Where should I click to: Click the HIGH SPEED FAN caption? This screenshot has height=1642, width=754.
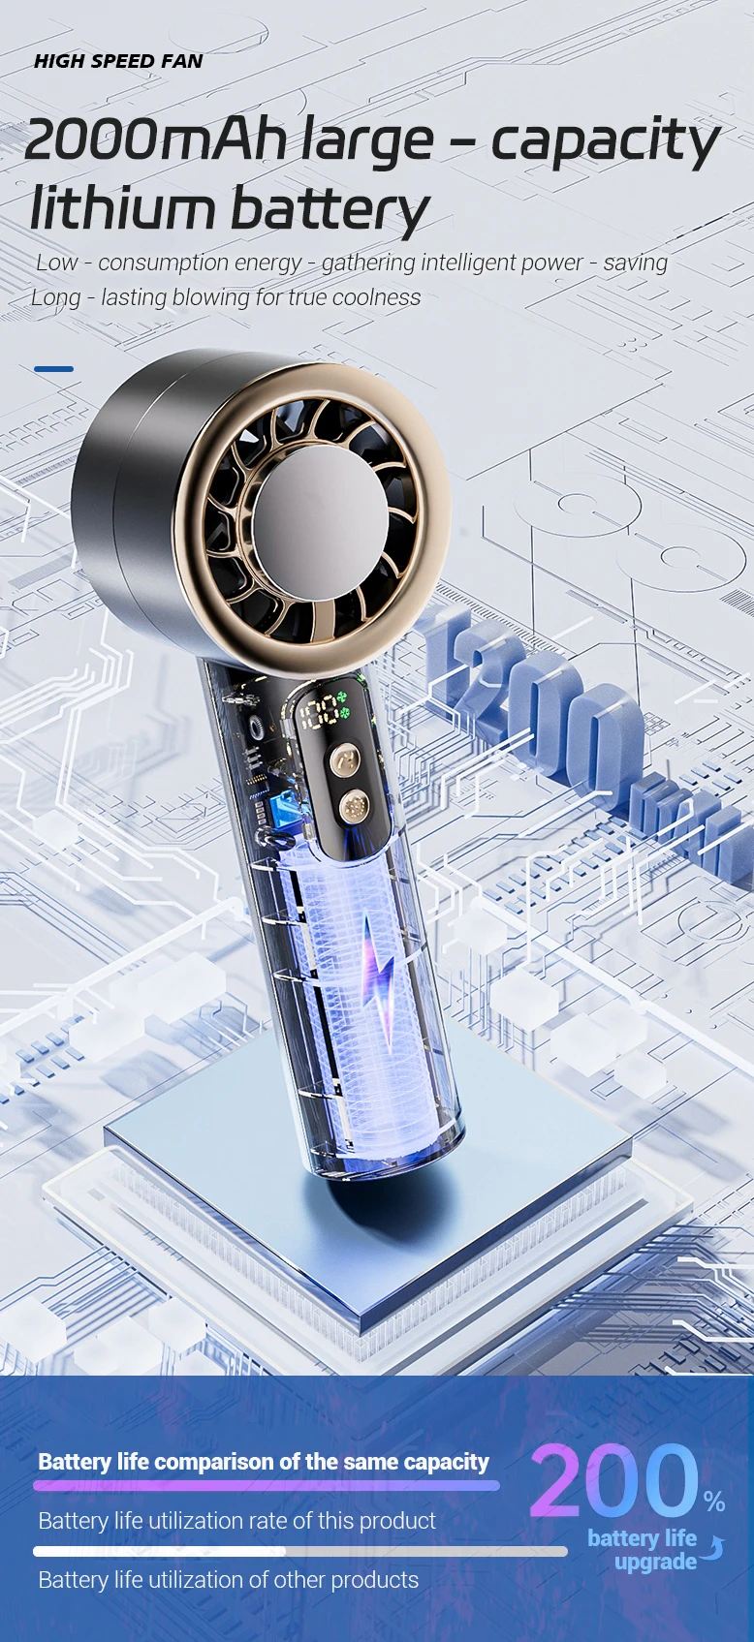click(118, 61)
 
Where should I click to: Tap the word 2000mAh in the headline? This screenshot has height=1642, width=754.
click(155, 139)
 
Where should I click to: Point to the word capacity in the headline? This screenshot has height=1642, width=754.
click(606, 144)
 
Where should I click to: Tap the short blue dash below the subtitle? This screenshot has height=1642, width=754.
click(53, 369)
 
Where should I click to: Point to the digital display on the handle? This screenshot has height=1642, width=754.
click(325, 711)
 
